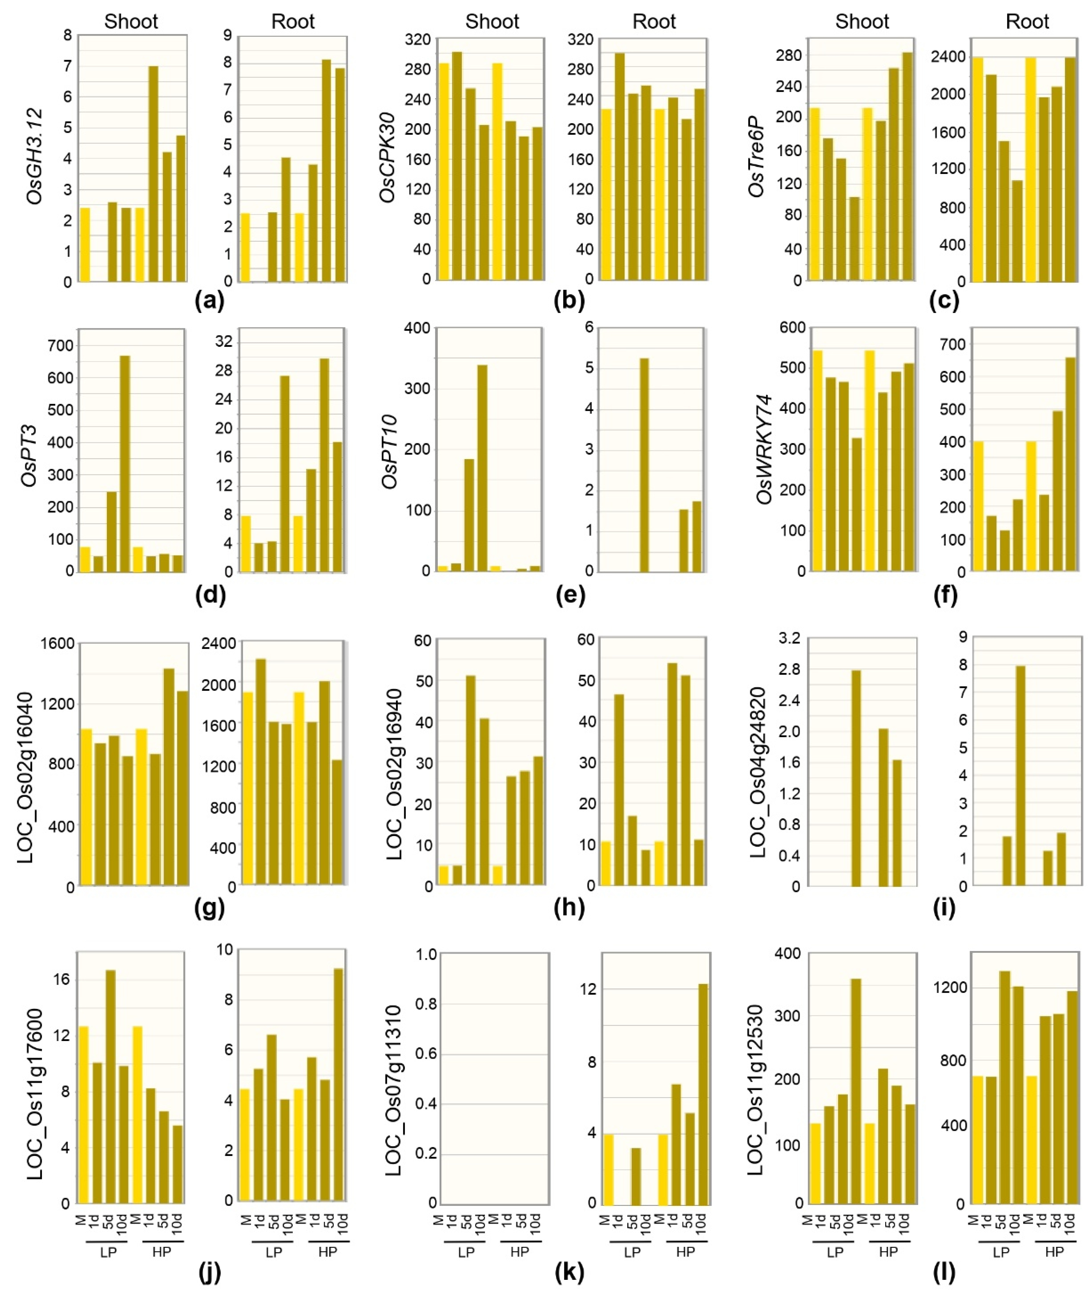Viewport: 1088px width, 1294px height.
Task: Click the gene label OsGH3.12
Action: (34, 156)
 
